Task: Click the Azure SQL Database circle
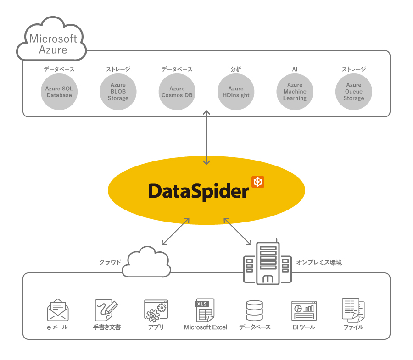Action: (x=59, y=92)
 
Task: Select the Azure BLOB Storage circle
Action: (x=118, y=92)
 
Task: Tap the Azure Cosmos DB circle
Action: (x=177, y=92)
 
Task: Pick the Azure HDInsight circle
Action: (x=236, y=92)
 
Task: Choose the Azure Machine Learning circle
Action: (x=295, y=92)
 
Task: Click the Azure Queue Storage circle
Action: (x=353, y=92)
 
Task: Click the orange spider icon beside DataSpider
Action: (x=258, y=182)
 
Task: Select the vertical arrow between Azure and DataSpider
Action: (x=206, y=137)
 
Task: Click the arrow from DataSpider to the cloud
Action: (x=176, y=232)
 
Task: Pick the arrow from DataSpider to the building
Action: (x=238, y=232)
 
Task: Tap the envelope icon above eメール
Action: (x=58, y=310)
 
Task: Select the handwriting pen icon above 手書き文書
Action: (x=106, y=310)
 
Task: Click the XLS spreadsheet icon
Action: (x=205, y=310)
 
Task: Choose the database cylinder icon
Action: (x=254, y=310)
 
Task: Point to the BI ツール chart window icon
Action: (x=304, y=310)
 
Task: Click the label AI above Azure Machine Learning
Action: (x=295, y=69)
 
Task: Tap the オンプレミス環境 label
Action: (x=319, y=262)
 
